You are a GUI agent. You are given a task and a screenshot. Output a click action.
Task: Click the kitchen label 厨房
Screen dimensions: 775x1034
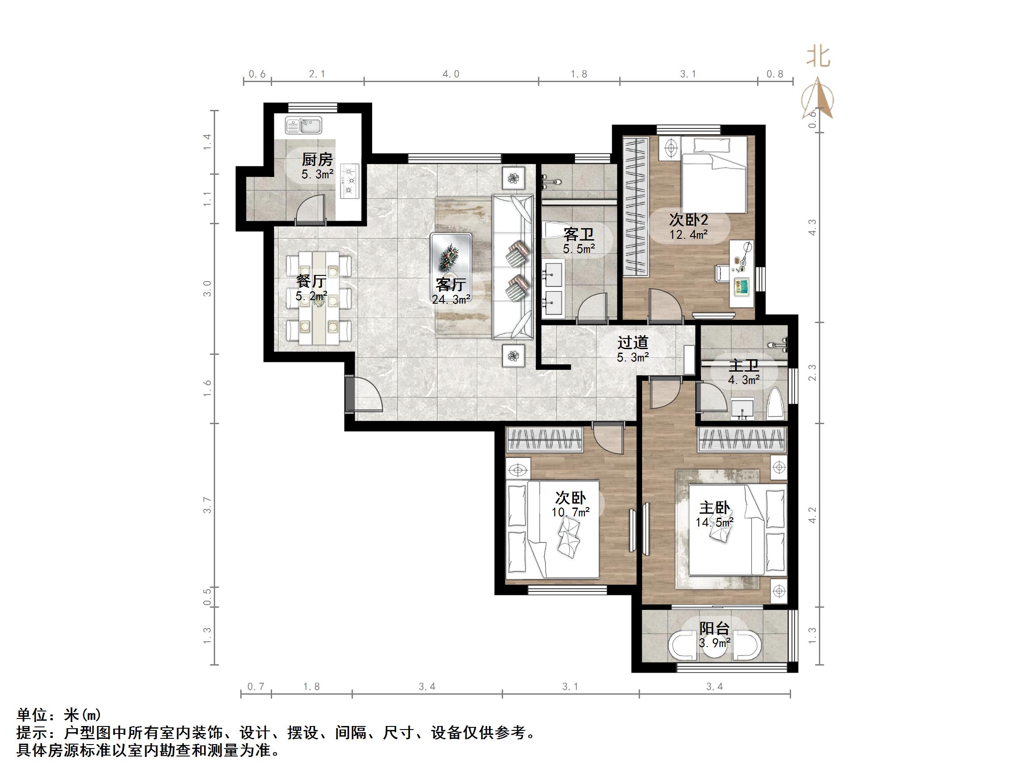pos(317,160)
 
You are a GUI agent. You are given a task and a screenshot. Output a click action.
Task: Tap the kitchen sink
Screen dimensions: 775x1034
pos(304,125)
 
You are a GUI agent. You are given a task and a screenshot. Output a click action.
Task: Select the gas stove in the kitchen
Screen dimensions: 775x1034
pos(350,180)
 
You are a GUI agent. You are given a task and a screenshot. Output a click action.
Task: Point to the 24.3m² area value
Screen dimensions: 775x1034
pos(451,299)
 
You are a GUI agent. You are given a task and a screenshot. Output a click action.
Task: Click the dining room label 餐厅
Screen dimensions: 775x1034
pos(311,281)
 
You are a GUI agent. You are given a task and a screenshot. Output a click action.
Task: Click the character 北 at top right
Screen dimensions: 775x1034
pos(818,57)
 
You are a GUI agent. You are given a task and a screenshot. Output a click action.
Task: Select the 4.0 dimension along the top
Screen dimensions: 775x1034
pos(451,74)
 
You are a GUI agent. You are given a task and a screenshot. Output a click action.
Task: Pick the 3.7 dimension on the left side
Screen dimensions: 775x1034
pos(208,505)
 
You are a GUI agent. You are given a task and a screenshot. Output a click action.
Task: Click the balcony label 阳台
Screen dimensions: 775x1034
pos(714,628)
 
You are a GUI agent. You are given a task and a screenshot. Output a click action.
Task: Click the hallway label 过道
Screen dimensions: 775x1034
pos(633,342)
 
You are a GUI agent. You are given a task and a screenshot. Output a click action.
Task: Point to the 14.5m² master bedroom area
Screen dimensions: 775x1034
pos(714,522)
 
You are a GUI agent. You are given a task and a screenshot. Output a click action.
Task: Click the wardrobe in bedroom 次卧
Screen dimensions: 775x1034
pos(545,440)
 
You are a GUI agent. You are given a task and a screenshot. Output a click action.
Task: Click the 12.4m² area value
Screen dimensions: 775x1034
pos(688,234)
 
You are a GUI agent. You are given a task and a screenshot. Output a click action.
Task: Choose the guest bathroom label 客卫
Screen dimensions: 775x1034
pos(578,234)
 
